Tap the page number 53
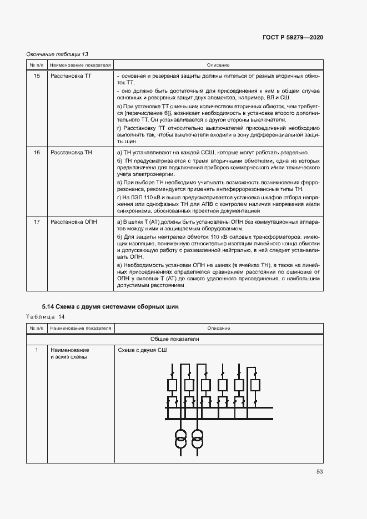click(x=319, y=472)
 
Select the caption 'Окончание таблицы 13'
click(x=58, y=54)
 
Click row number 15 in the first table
click(x=37, y=75)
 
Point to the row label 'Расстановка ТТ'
click(x=71, y=75)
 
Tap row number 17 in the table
click(x=37, y=222)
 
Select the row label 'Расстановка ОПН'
click(x=73, y=222)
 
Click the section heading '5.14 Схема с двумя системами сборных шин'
click(x=110, y=307)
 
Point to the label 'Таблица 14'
click(x=46, y=316)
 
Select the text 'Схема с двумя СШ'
click(x=142, y=350)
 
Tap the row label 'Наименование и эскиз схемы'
click(x=69, y=354)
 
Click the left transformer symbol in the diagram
click(x=181, y=438)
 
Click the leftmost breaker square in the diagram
click(x=172, y=385)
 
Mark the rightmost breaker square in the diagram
click(x=256, y=385)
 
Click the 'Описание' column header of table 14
click(x=218, y=329)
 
